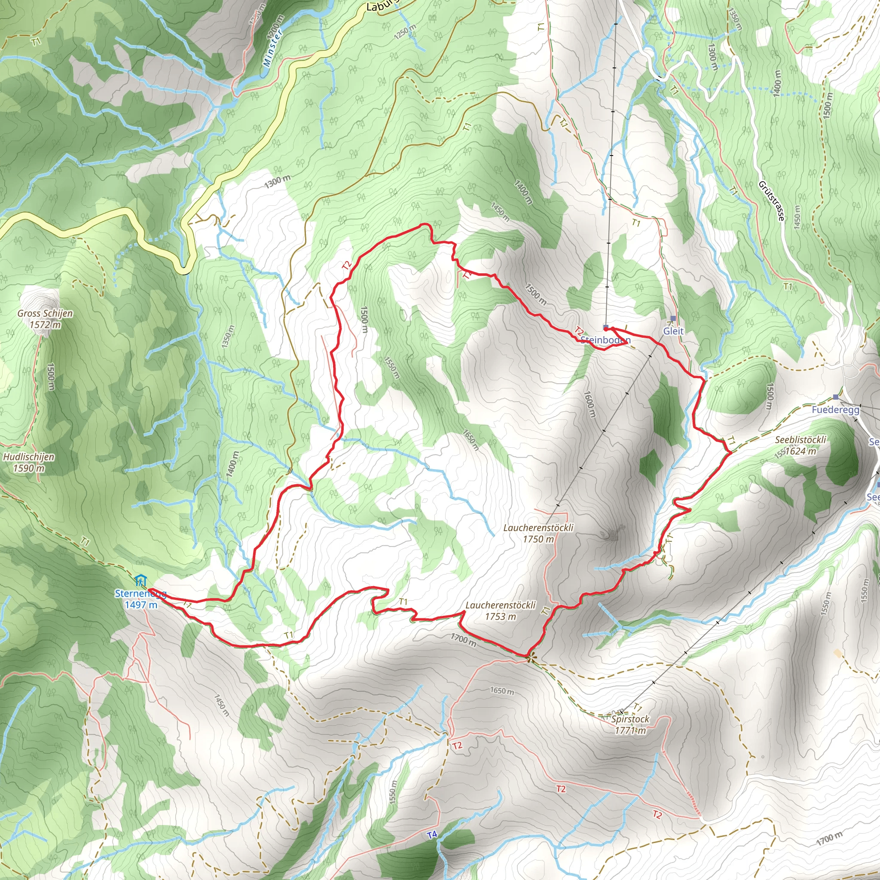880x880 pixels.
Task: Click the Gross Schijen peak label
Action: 45,313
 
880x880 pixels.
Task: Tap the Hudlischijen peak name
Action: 29,457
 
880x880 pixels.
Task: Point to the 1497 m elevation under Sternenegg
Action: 141,605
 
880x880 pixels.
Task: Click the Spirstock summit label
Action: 630,719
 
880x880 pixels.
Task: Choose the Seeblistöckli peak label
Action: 800,440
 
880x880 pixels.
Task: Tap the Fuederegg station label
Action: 835,410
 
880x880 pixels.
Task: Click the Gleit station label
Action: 673,331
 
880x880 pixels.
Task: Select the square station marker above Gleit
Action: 673,318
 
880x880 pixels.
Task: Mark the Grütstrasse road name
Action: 772,201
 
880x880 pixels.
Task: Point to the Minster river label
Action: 273,47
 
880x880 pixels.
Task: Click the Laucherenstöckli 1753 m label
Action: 501,606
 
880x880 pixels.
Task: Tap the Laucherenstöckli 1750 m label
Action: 538,528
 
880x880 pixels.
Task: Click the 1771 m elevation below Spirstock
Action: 630,730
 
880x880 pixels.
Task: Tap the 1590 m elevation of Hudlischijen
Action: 29,468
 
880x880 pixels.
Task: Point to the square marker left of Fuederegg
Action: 835,397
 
